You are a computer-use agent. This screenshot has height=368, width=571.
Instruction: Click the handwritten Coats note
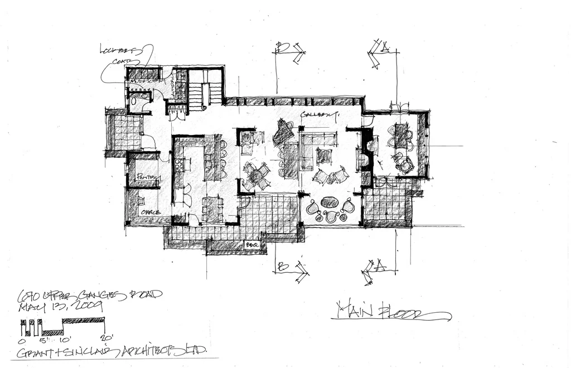pos(125,63)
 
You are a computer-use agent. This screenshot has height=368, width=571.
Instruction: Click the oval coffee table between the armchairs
pos(330,203)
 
